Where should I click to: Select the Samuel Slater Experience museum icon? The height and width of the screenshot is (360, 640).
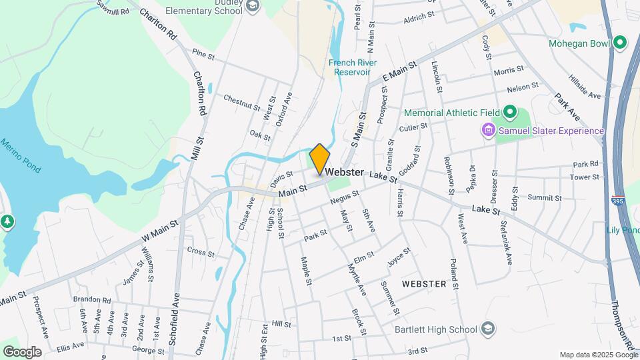click(488, 131)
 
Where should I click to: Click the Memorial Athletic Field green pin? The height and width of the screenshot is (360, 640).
click(510, 112)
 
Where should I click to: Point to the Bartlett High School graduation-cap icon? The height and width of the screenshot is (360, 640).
click(488, 329)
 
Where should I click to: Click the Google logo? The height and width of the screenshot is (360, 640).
click(22, 352)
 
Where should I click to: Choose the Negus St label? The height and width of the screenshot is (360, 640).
click(344, 197)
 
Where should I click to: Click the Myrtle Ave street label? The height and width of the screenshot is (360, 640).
click(357, 280)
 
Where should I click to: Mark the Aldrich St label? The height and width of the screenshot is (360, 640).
click(419, 15)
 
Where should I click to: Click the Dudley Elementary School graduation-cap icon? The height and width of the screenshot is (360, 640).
click(252, 7)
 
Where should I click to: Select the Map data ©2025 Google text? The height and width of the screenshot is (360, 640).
click(598, 355)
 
